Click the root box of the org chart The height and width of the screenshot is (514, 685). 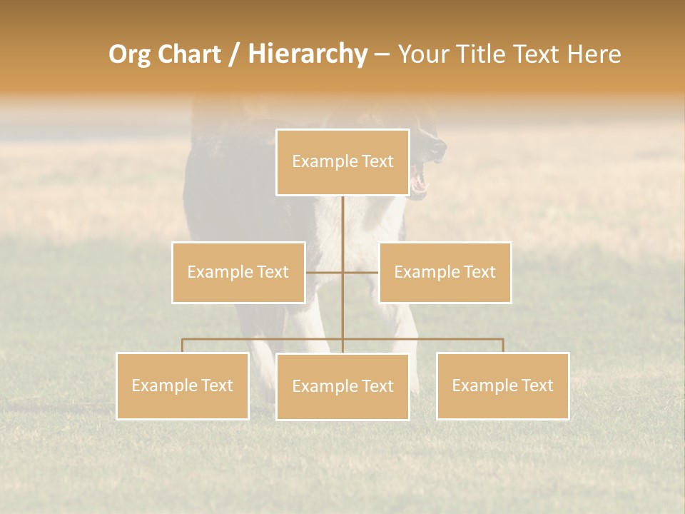point(342,162)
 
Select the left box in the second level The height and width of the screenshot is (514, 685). point(238,272)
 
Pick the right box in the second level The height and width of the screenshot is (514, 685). point(445,272)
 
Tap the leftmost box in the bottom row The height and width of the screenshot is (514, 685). point(183,385)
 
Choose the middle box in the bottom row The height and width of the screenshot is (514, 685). point(342,386)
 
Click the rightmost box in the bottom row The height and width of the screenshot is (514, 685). point(503,385)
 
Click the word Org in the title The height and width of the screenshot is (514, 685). point(129,54)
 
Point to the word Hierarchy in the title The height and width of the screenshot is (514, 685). point(308,54)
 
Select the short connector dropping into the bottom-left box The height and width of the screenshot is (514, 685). point(183,346)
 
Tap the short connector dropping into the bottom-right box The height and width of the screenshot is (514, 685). point(503,346)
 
